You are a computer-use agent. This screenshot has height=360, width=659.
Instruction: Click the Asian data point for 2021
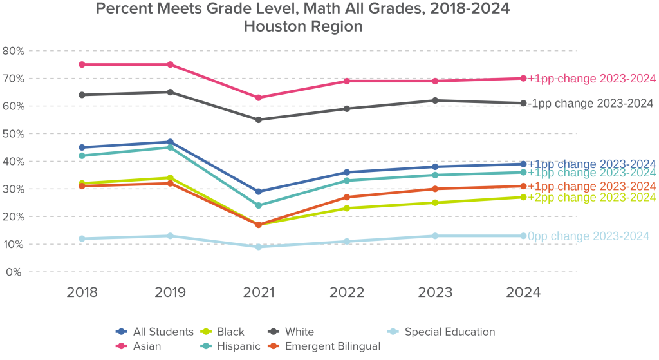(x=259, y=98)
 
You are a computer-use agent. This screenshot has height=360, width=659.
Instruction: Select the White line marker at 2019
(x=171, y=92)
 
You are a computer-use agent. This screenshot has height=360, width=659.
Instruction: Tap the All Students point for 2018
(x=82, y=147)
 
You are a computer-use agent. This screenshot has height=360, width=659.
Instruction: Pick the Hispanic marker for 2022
(x=347, y=180)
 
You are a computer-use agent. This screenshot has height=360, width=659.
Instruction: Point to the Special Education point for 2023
(x=435, y=236)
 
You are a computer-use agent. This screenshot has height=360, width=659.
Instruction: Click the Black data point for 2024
(x=523, y=197)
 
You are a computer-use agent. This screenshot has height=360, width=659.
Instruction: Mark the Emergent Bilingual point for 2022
(x=347, y=197)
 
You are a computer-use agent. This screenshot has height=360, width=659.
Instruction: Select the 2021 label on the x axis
(x=259, y=292)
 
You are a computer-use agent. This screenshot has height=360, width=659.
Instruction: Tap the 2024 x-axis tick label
(x=523, y=292)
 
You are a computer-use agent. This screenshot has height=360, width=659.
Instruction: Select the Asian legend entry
(x=139, y=346)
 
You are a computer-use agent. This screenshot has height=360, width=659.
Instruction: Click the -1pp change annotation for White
(x=590, y=103)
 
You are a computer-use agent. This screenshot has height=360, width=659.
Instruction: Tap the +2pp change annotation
(x=591, y=197)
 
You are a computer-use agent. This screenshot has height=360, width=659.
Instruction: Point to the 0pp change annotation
(x=588, y=236)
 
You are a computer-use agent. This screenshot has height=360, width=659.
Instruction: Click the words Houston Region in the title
(x=303, y=27)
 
